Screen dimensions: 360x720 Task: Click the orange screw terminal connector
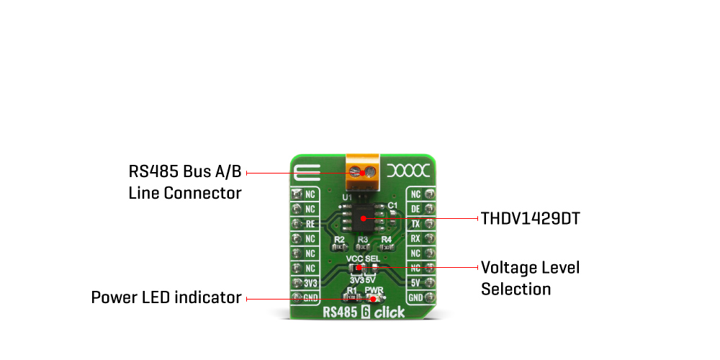[x=363, y=171]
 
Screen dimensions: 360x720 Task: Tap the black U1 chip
[x=363, y=217]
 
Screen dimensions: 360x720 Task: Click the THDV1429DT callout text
[x=530, y=218]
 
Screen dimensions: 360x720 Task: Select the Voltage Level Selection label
[x=530, y=279]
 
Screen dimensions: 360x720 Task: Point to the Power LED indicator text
[x=166, y=297]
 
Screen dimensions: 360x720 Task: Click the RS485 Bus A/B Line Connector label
[x=185, y=183]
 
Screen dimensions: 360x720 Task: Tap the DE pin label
[x=415, y=209]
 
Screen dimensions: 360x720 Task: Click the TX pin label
[x=415, y=224]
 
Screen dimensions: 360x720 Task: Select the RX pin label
[x=415, y=238]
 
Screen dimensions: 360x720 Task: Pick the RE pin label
[x=310, y=224]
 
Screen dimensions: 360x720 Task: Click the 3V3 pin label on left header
[x=310, y=283]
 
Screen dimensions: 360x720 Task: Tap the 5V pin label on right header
[x=415, y=283]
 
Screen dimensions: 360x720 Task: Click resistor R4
[x=387, y=247]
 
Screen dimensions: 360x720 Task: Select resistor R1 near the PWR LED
[x=351, y=297]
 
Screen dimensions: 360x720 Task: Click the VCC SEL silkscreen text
[x=363, y=258]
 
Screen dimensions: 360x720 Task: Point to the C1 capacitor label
[x=392, y=206]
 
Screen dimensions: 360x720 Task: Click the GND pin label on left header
[x=310, y=297]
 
